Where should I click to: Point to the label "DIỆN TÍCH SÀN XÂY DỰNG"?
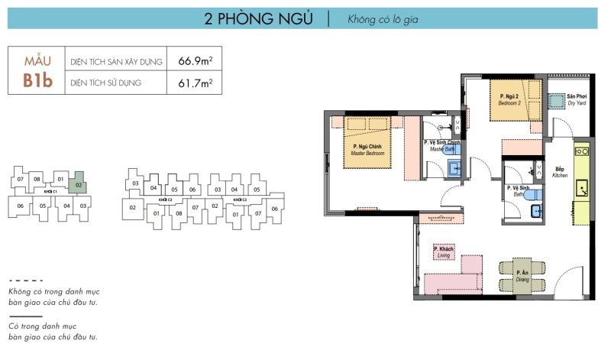(116, 61)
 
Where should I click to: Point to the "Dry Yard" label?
(577, 100)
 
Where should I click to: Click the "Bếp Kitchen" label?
(560, 172)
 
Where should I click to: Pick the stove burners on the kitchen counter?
(582, 151)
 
